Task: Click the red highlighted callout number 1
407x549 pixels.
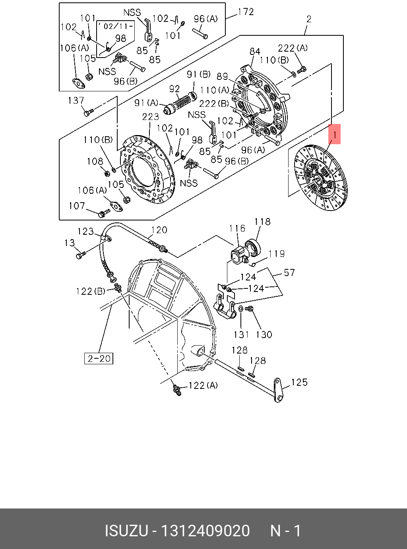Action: click(335, 135)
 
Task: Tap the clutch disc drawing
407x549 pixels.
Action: click(320, 178)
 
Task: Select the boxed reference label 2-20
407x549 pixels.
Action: click(99, 358)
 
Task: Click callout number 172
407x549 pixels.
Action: click(246, 12)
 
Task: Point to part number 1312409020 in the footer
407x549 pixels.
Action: click(205, 531)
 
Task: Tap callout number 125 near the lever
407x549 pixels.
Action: click(299, 382)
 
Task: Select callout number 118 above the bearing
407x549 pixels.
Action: click(262, 222)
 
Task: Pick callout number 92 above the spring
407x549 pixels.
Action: click(174, 89)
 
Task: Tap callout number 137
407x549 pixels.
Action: click(76, 101)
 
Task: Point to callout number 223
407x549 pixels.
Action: click(151, 117)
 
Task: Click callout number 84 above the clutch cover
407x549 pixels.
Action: click(255, 52)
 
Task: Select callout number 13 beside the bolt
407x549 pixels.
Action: click(70, 243)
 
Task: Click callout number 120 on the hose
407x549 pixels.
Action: click(159, 230)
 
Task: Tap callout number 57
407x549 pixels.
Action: click(289, 273)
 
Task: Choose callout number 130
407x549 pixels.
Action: click(264, 334)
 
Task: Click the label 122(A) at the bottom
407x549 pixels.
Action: click(203, 385)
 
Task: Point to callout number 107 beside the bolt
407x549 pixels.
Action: click(77, 206)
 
